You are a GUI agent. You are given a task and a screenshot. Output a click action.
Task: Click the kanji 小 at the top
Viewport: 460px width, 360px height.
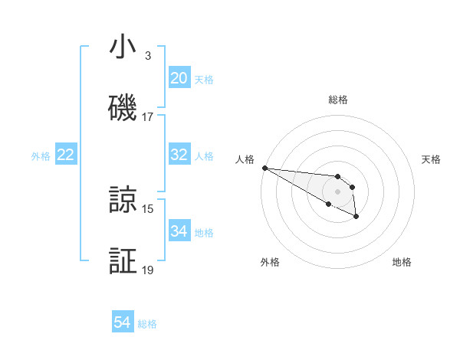coord(123,47)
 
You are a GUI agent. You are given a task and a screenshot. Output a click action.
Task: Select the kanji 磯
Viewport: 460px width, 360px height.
coord(123,107)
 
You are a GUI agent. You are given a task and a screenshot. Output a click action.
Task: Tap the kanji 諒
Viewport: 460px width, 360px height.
coord(123,200)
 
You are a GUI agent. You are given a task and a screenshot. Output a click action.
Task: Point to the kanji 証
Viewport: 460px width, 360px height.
coord(123,261)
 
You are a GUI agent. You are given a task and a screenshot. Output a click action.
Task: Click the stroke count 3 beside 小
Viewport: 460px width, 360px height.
coord(148,56)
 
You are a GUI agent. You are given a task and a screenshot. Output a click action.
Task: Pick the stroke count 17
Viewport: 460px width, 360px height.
coord(148,117)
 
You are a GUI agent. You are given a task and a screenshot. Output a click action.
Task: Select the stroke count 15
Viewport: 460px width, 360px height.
coord(148,208)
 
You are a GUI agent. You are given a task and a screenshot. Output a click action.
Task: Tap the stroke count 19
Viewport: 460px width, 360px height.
coord(148,270)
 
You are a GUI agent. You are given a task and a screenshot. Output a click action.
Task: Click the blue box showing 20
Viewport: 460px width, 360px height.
coord(179,78)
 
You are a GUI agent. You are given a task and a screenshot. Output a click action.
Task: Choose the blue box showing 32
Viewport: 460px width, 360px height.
coord(179,155)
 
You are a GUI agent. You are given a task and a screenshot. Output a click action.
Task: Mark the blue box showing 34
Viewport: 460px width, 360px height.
coord(179,231)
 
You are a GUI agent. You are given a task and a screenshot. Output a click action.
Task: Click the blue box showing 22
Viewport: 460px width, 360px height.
coord(66,155)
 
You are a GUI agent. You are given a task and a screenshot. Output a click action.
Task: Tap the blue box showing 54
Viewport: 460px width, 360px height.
coord(123,322)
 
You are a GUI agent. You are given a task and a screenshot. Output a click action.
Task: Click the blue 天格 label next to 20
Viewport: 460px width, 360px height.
coord(203,80)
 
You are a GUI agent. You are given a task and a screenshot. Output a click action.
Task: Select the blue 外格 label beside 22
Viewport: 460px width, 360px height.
coord(41,156)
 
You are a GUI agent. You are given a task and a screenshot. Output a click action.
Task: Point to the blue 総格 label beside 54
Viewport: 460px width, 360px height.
coord(147,324)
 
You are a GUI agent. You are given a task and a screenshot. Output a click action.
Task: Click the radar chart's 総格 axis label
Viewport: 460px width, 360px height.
coord(337,100)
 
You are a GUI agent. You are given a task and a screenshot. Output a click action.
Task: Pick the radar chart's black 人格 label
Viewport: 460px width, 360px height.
coord(245,159)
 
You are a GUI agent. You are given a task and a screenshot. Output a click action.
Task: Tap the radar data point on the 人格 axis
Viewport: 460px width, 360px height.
coord(264,168)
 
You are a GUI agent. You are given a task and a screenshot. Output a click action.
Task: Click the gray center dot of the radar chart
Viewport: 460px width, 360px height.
coord(337,191)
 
